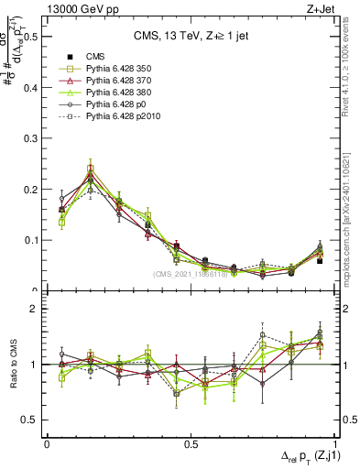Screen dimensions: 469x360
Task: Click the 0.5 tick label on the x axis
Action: (190, 442)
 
